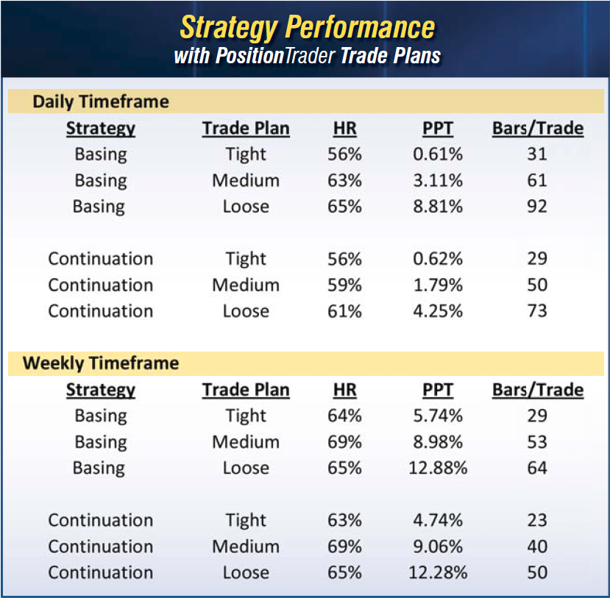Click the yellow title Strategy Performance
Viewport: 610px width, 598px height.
[x=308, y=28]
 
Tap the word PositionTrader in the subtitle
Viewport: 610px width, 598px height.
[x=275, y=56]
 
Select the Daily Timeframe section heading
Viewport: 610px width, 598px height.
[x=101, y=102]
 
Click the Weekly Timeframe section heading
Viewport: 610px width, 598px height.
[x=101, y=363]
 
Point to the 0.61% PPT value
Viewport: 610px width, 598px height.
[x=438, y=154]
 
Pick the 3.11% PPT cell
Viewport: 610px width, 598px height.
[x=438, y=180]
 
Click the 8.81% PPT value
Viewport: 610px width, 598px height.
[x=438, y=207]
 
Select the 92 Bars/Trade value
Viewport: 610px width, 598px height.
[x=537, y=207]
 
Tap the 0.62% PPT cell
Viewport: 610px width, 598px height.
[x=438, y=259]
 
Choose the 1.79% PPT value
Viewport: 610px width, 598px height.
[x=438, y=285]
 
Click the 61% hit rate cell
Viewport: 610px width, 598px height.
[x=344, y=311]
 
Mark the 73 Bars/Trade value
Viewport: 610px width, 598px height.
[x=537, y=311]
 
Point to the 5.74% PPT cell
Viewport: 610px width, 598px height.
[x=438, y=416]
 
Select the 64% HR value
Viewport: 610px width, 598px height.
[x=344, y=416]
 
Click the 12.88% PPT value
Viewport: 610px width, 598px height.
[x=438, y=468]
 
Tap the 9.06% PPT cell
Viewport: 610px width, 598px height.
[x=438, y=547]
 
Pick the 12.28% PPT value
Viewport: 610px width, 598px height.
[x=438, y=573]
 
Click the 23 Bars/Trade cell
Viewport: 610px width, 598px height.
[x=537, y=520]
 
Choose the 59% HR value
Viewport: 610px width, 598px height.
[x=344, y=285]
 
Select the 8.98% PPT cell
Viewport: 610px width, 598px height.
[x=438, y=442]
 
